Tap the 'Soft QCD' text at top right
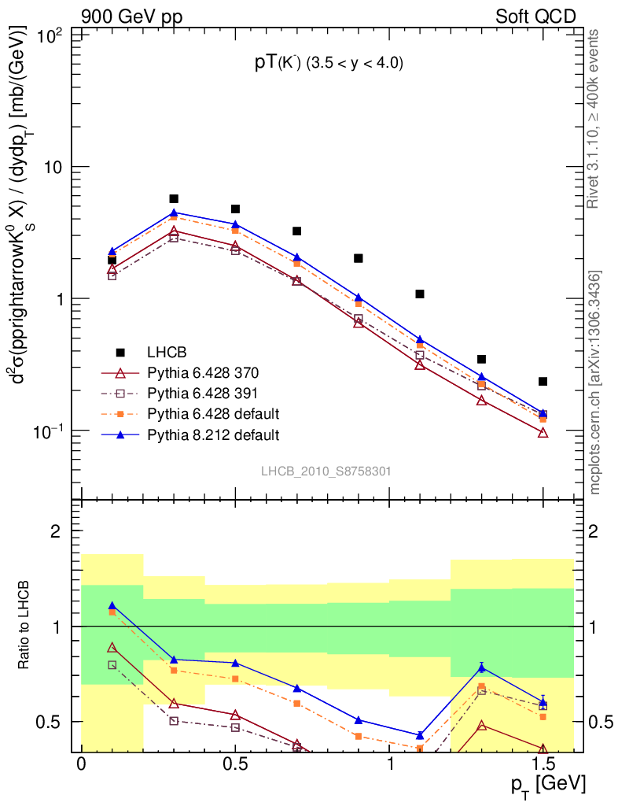pos(535,17)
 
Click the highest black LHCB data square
pos(174,199)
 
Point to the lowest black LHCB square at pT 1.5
pos(543,382)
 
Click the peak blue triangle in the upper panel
pos(174,213)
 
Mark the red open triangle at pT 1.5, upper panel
pos(543,433)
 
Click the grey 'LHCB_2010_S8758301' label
pos(326,471)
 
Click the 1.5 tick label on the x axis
pos(543,764)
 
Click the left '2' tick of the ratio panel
pos(56,531)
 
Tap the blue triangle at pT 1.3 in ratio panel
pos(481,668)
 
